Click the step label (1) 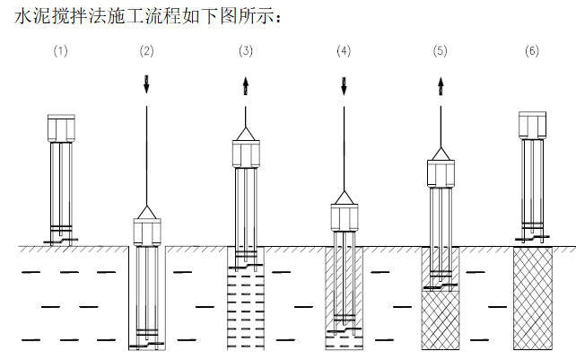point(60,50)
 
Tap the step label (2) point(146,50)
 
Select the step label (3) point(246,50)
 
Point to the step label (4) point(344,50)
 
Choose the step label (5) point(440,50)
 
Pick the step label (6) point(532,50)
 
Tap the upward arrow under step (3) point(246,85)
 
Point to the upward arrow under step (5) point(440,85)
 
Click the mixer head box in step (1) point(60,127)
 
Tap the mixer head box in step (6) point(532,125)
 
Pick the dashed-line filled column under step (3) point(246,311)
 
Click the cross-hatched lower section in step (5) point(440,319)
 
